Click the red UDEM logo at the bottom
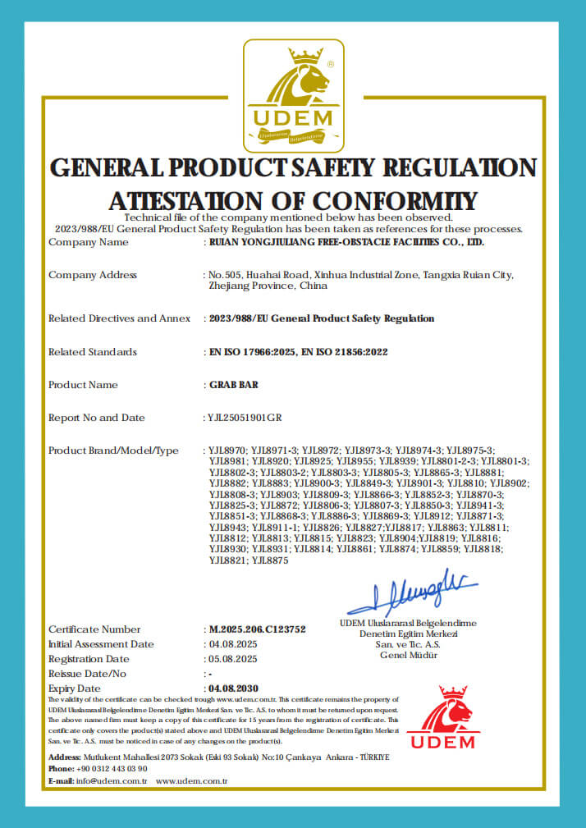(x=442, y=716)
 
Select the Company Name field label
(x=88, y=242)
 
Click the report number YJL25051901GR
(x=245, y=418)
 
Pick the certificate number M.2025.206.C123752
(x=258, y=629)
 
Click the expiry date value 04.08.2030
(x=235, y=688)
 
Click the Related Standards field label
(x=93, y=352)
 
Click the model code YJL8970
(x=227, y=451)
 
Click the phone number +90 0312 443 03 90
(x=113, y=768)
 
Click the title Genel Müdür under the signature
(x=409, y=655)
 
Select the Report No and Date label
(x=96, y=418)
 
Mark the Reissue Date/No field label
(x=88, y=674)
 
